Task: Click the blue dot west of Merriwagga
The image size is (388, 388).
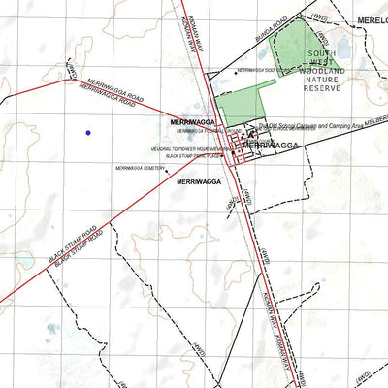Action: click(87, 132)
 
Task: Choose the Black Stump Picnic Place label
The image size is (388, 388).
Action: click(188, 155)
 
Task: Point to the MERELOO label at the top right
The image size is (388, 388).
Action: click(372, 18)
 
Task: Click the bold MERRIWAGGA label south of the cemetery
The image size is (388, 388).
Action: click(201, 181)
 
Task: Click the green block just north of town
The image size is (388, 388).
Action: click(238, 105)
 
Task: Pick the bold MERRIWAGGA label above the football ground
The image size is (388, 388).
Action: click(192, 122)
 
